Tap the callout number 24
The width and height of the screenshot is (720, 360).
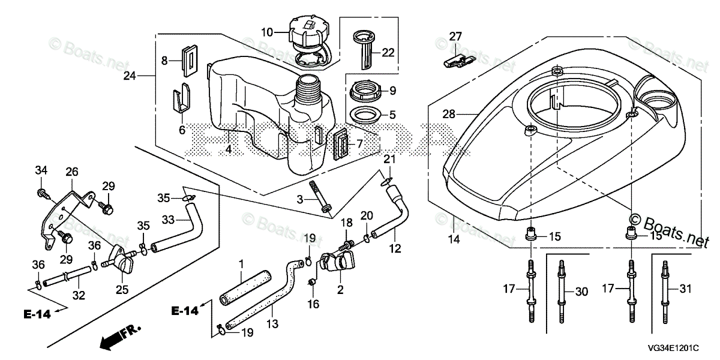pyautogui.click(x=130, y=76)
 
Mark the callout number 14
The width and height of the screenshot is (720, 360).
pyautogui.click(x=453, y=239)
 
